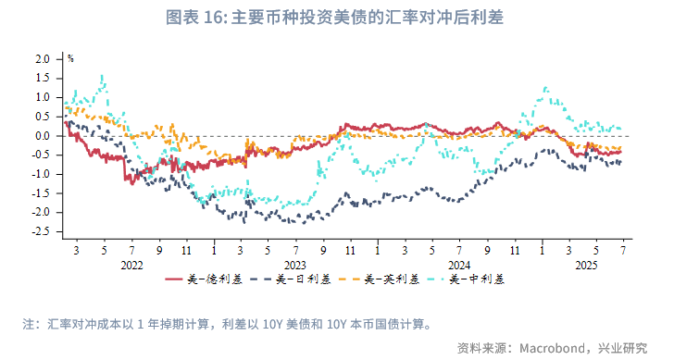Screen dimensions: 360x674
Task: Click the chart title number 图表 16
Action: pos(192,18)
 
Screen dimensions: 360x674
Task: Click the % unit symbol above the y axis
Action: pos(69,57)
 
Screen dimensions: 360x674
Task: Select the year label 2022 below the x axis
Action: pos(131,264)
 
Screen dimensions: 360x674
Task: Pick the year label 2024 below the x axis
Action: pos(458,264)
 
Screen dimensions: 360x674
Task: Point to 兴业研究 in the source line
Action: pos(621,347)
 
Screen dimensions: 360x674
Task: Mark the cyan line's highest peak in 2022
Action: pos(102,77)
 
